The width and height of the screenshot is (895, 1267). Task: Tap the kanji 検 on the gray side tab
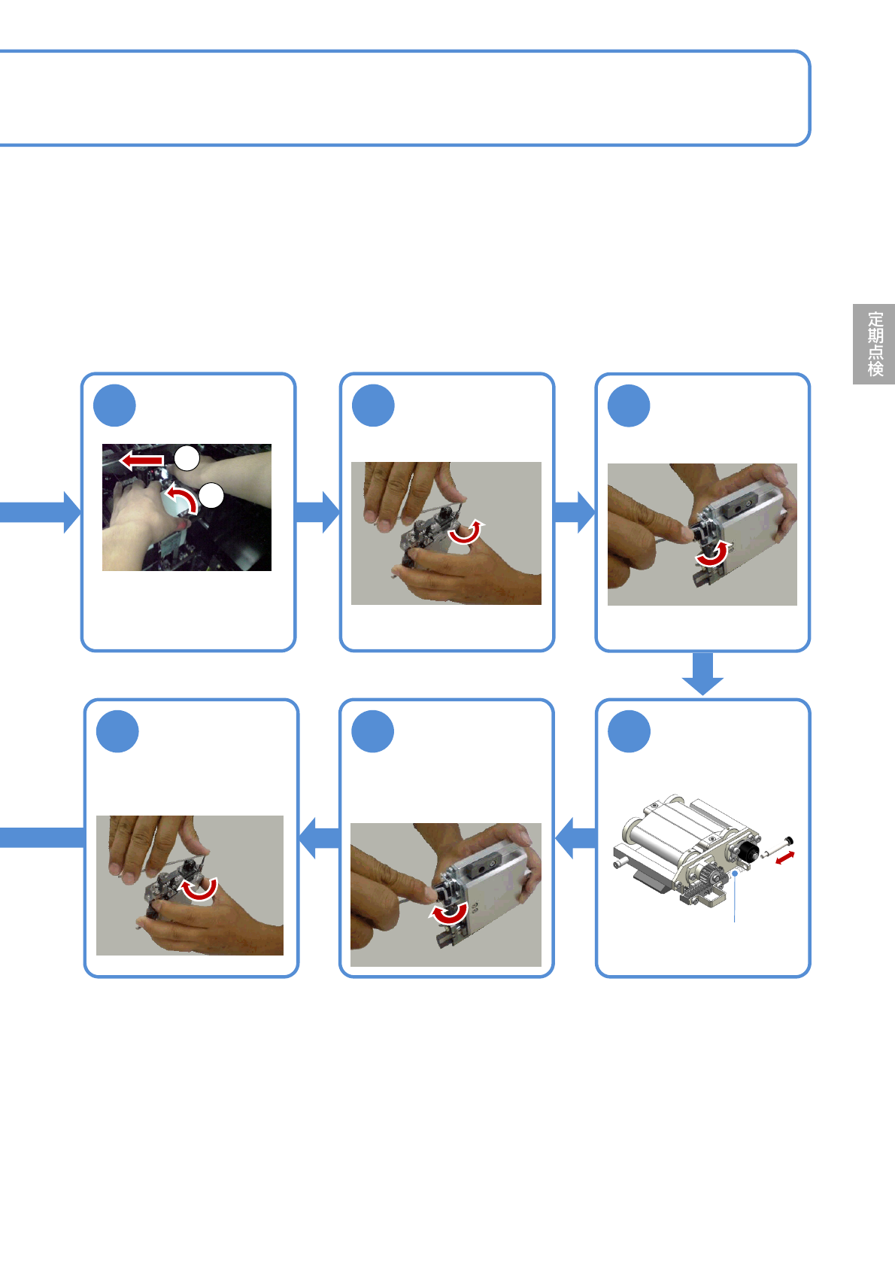[x=875, y=369]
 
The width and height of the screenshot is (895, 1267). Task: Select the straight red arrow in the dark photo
[x=142, y=459]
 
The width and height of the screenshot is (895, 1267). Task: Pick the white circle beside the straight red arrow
[x=187, y=457]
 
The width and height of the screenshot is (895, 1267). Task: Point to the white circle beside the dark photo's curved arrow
[x=212, y=495]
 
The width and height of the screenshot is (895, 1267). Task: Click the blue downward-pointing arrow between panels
[x=702, y=674]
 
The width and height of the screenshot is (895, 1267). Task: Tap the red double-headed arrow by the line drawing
[x=784, y=856]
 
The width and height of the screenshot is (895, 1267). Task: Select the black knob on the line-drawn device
[x=748, y=852]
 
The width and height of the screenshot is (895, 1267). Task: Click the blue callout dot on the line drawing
[x=736, y=874]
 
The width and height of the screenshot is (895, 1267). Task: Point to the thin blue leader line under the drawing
[x=735, y=900]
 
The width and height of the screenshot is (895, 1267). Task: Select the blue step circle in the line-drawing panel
[x=629, y=731]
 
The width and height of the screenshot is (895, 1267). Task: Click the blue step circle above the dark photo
[x=114, y=406]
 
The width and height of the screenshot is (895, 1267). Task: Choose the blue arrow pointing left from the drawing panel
[x=576, y=837]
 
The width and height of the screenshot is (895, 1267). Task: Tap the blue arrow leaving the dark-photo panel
[x=317, y=512]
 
